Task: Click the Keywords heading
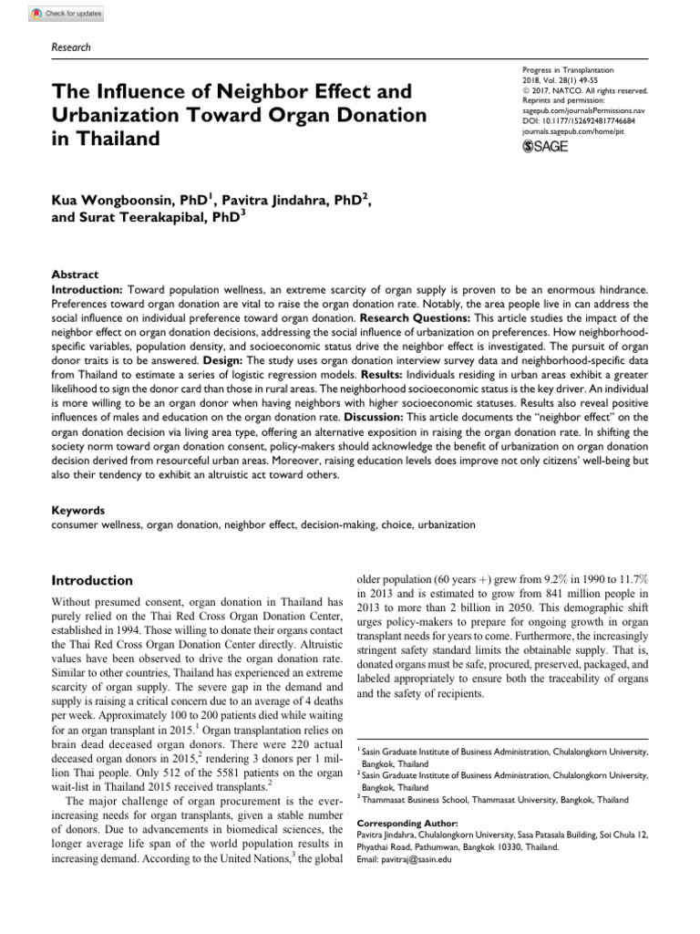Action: point(79,511)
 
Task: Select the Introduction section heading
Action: point(92,580)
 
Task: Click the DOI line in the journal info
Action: point(582,120)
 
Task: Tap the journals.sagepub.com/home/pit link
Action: point(572,131)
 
